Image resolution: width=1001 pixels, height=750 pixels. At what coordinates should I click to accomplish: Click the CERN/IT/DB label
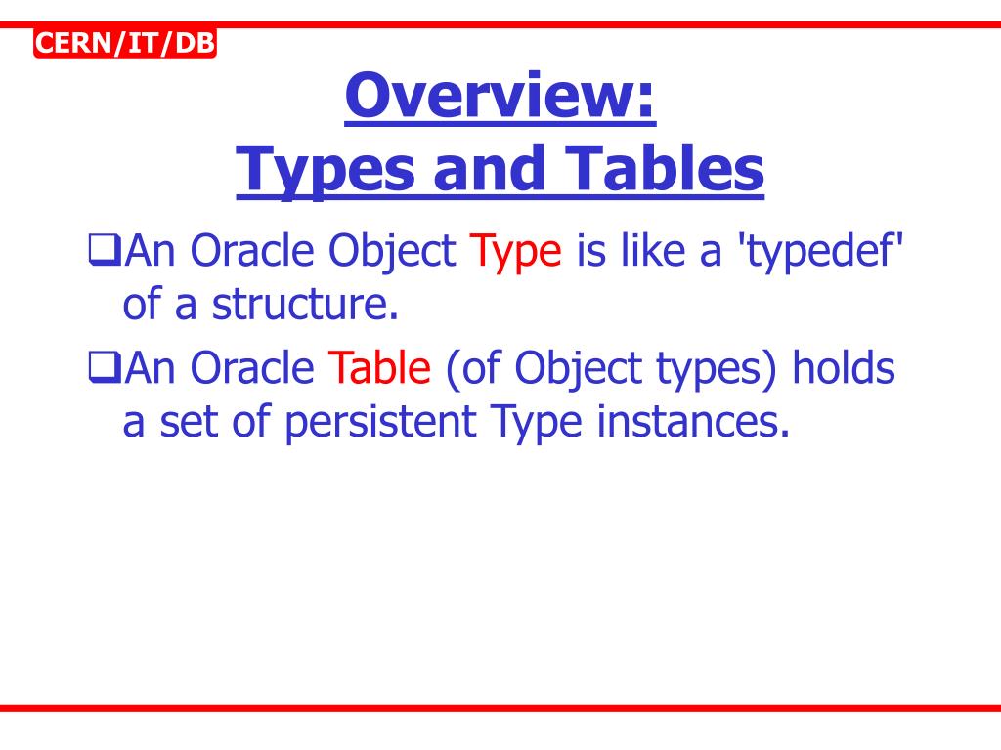click(124, 44)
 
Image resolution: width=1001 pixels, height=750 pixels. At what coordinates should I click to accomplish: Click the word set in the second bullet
click(178, 423)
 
